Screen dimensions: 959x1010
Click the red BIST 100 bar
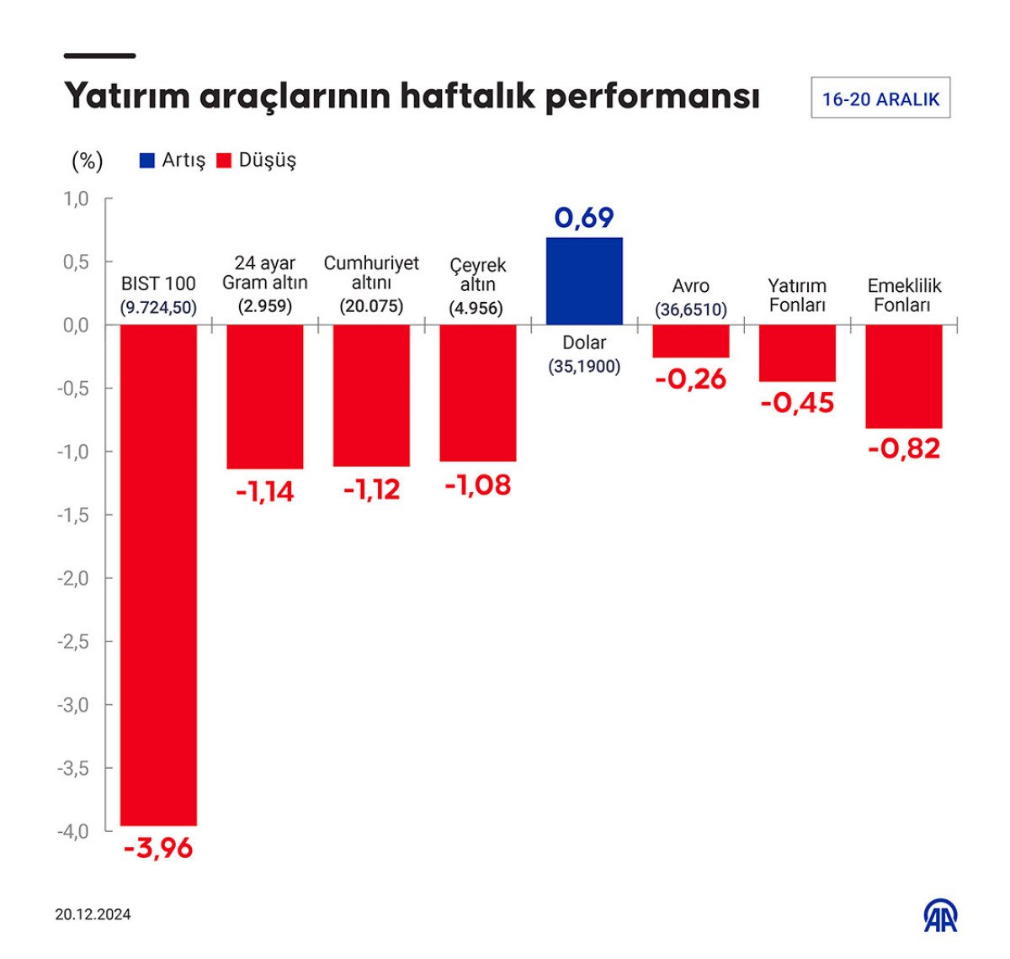pos(158,575)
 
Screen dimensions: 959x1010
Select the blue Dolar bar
pos(584,281)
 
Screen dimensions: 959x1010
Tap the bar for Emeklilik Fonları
pos(903,376)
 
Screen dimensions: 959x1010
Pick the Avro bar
pos(690,342)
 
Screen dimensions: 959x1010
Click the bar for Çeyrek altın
pos(477,393)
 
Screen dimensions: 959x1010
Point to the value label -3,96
pos(158,848)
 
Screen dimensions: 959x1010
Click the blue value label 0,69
pos(584,218)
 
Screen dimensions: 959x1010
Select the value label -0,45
pos(797,403)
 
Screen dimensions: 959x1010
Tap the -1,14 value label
pos(264,491)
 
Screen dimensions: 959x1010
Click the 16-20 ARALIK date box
pos(880,98)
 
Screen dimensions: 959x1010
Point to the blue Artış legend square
pos(146,160)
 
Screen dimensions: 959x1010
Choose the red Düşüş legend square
pos(224,160)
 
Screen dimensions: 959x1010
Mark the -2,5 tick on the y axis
pos(73,642)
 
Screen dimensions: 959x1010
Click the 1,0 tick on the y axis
pos(76,199)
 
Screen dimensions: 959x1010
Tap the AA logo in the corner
pos(940,916)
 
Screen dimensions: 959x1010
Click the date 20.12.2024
pos(93,914)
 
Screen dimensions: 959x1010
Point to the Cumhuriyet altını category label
pos(371,273)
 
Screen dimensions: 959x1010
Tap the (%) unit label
pos(88,160)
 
